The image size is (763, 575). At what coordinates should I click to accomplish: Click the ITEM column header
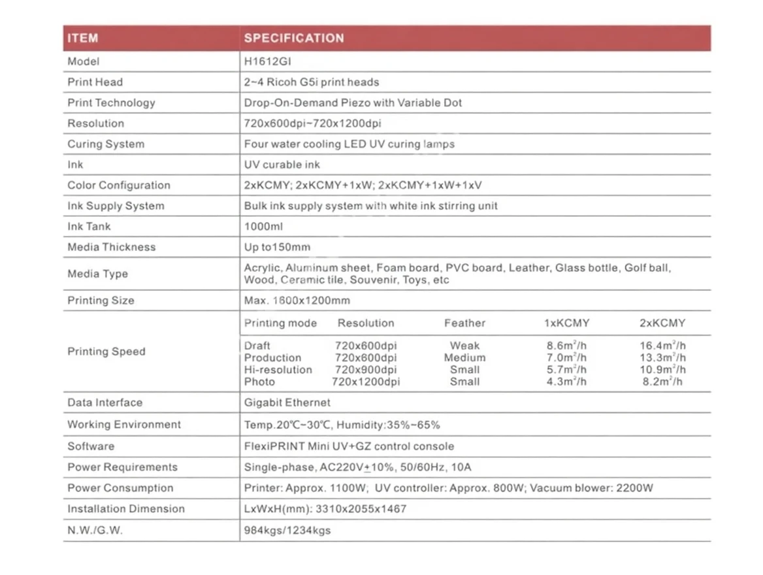(x=82, y=38)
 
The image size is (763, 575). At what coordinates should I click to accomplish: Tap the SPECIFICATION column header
(x=294, y=38)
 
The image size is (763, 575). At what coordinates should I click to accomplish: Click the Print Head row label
(x=95, y=82)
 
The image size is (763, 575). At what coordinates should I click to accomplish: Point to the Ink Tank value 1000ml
(x=263, y=227)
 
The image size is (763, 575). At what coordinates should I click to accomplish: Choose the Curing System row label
(x=106, y=144)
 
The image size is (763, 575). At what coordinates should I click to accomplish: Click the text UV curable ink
(x=282, y=165)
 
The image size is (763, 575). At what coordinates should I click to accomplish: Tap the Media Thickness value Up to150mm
(x=277, y=247)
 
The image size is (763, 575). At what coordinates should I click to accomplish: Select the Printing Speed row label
(x=106, y=352)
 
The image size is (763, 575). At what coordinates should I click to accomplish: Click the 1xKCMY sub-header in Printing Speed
(x=566, y=323)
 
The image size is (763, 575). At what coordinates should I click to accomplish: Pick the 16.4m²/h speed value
(x=662, y=346)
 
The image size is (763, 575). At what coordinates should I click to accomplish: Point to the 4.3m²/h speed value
(x=566, y=382)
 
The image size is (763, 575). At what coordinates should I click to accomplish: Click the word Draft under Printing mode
(x=257, y=346)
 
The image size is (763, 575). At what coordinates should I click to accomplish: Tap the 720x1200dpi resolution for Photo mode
(x=366, y=382)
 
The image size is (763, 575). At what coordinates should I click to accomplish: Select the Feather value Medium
(x=464, y=358)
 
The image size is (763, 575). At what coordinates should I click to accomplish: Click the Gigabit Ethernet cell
(x=287, y=402)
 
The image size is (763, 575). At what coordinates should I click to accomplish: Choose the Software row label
(x=91, y=446)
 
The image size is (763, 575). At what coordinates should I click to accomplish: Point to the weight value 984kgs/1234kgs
(x=287, y=530)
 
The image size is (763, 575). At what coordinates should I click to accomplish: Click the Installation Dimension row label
(x=126, y=508)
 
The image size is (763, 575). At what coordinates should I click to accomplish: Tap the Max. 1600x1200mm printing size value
(x=297, y=301)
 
